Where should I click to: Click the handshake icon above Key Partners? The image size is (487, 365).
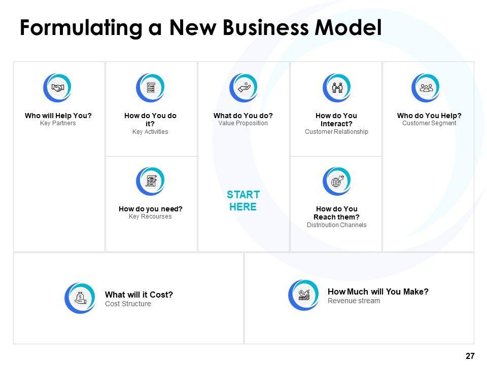coord(58,88)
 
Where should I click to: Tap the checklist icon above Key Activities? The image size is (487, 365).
coord(151,88)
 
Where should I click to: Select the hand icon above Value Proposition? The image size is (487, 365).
coord(243,88)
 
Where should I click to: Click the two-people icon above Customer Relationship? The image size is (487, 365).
coord(337,88)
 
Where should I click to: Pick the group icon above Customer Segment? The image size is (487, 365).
coord(426,88)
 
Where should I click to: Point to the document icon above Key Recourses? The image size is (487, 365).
coord(151,181)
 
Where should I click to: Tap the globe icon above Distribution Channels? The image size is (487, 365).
coord(337,181)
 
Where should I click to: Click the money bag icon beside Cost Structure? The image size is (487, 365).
coord(80,298)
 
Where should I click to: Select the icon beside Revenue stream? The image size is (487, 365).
coord(304,295)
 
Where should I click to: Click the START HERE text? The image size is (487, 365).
coord(243,201)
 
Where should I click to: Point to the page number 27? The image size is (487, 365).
coord(470,356)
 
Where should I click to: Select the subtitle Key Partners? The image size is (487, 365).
coord(58,123)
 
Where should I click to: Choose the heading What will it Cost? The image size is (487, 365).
coord(138,295)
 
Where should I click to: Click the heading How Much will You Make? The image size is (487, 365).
coord(378,291)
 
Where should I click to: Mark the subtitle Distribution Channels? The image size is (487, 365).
coord(336,225)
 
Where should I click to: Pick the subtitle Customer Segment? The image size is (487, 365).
coord(429,123)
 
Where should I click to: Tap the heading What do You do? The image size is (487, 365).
coord(243,116)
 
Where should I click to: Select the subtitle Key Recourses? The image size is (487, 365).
coord(150,216)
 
